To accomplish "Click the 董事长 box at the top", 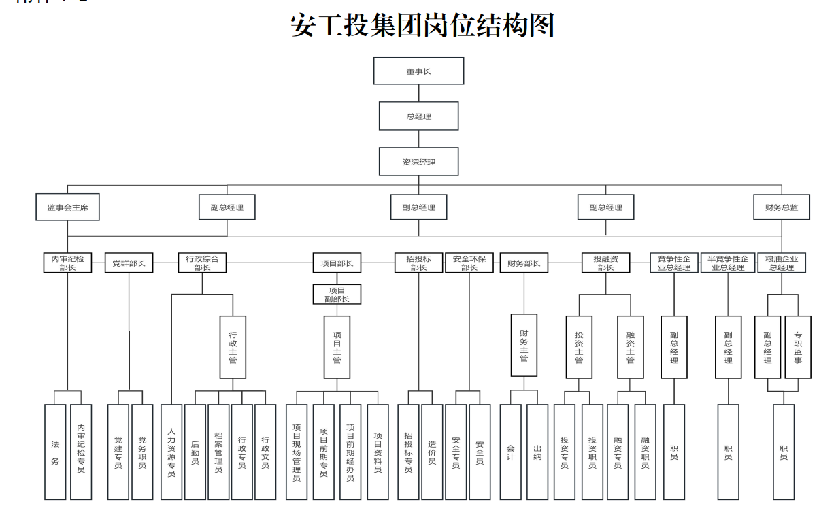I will point(418,71).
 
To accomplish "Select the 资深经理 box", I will point(418,162).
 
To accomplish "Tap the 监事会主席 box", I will point(67,207).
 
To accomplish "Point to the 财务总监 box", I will point(782,207).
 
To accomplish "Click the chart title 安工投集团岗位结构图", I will point(422,25).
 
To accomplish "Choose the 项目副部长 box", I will point(337,295).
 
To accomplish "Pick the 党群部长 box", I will point(129,263).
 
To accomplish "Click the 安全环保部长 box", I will point(469,263).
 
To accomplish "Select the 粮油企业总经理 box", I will point(781,263).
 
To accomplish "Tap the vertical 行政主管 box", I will point(233,347).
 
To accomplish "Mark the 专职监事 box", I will point(798,347).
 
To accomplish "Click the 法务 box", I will point(56,452).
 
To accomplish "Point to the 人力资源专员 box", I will point(171,452).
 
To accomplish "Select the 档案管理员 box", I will point(218,452).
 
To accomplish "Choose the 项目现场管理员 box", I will point(297,452).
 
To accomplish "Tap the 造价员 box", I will point(432,452).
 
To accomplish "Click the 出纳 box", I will point(537,452).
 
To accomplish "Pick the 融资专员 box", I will point(618,452).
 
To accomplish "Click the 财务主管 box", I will point(524,345).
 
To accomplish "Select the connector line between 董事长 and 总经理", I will point(419,93).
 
